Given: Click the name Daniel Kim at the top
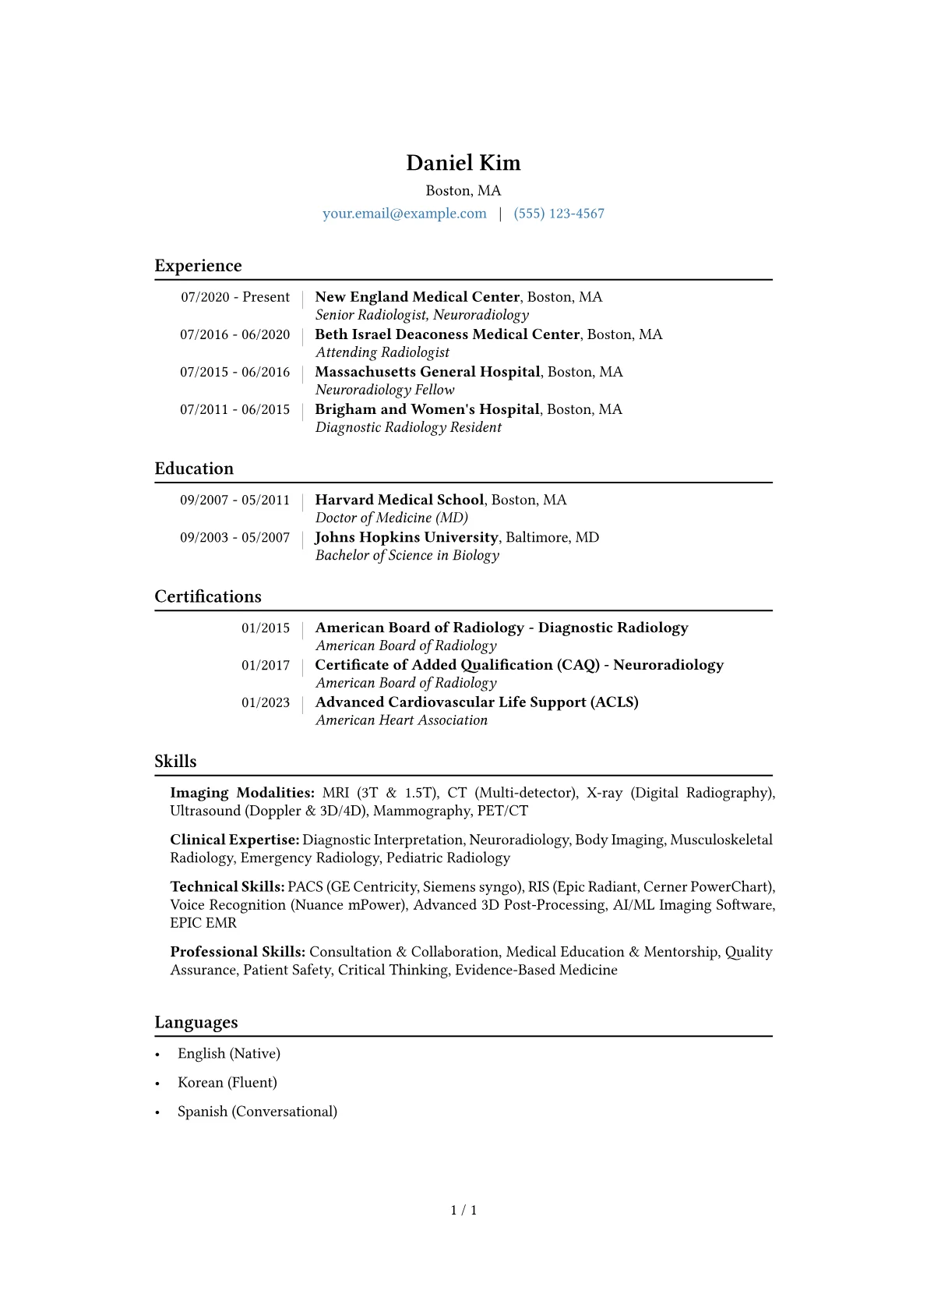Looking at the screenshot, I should click(x=463, y=163).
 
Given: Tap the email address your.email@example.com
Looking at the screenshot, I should click(x=404, y=214).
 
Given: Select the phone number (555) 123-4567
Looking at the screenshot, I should click(x=559, y=214).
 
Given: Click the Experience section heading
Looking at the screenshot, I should click(x=198, y=266).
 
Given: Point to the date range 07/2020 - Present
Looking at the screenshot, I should click(x=235, y=297).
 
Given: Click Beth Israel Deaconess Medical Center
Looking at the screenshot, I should click(x=447, y=334).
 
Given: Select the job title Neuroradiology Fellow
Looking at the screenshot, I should click(x=385, y=390).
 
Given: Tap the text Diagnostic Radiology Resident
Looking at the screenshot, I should click(x=408, y=427).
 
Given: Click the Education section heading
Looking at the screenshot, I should click(x=194, y=469).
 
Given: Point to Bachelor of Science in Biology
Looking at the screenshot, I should click(x=407, y=555).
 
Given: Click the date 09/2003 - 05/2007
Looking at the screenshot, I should click(x=234, y=538).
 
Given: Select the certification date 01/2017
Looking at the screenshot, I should click(x=265, y=666).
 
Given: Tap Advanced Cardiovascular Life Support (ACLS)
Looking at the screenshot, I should click(x=477, y=702).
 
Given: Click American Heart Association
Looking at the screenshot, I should click(x=401, y=720).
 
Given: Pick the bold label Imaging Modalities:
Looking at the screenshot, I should click(x=242, y=793).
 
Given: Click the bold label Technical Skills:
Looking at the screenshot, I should click(x=227, y=887).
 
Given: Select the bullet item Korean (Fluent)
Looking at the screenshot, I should click(x=227, y=1083).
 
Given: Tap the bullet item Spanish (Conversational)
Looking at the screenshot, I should click(x=257, y=1112).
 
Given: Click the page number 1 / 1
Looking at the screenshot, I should click(x=463, y=1211).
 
